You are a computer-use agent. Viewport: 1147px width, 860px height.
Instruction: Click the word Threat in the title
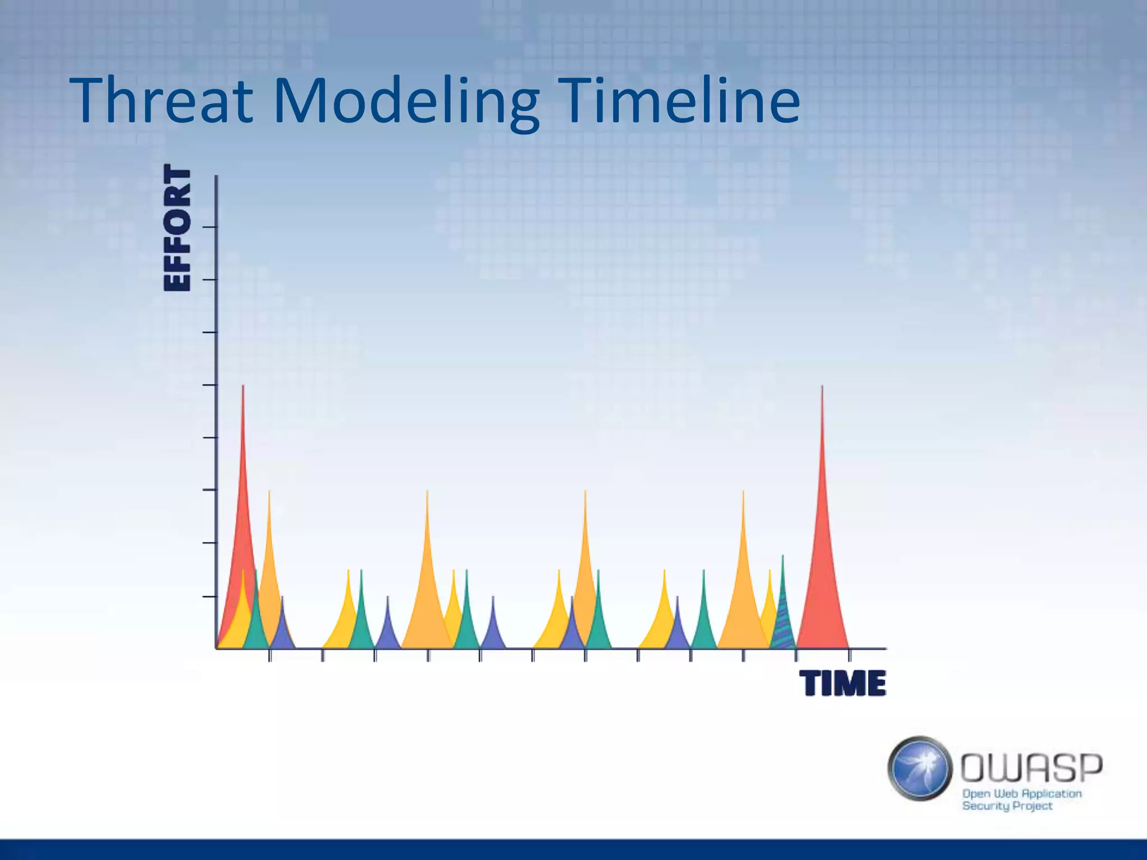[x=161, y=101]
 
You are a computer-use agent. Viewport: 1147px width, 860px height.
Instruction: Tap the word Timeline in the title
[x=678, y=101]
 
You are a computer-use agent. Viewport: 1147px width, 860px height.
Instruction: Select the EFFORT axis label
[x=177, y=228]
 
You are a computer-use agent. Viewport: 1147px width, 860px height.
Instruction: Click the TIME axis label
[x=842, y=684]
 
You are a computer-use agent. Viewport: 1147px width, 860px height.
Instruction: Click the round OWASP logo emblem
[x=920, y=768]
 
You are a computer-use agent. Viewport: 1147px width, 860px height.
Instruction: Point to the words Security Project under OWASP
[x=1007, y=806]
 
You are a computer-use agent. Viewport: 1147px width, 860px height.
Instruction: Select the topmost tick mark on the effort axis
[x=209, y=227]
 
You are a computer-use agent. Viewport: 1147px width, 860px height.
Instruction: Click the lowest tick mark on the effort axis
[x=209, y=597]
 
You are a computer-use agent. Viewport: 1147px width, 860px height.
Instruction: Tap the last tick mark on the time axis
[x=850, y=656]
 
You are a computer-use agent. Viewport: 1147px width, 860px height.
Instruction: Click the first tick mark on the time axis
[x=269, y=656]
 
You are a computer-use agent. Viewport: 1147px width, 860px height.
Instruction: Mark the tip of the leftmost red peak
[x=243, y=386]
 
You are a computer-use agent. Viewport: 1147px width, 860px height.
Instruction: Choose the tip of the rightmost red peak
[x=822, y=387]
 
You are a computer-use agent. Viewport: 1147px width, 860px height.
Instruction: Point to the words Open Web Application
[x=1022, y=794]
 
